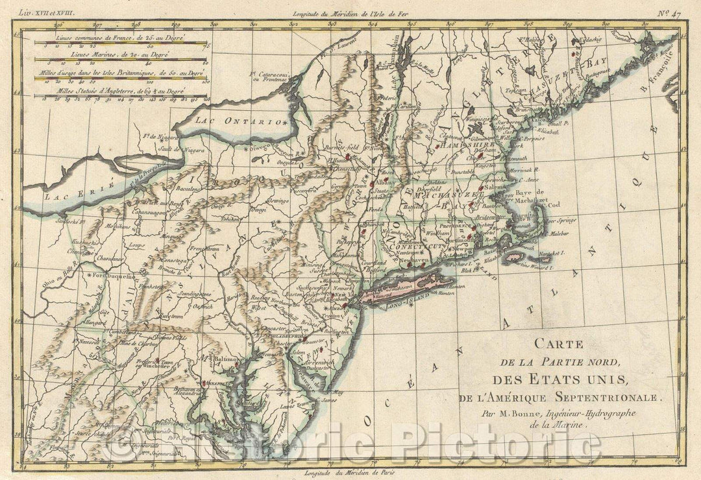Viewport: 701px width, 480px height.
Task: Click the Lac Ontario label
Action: [247, 121]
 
